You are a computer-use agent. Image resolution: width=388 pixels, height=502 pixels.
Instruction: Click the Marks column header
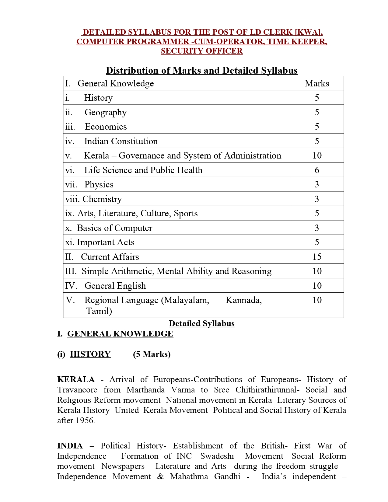(x=317, y=83)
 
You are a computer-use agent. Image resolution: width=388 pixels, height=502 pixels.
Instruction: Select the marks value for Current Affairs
(x=317, y=257)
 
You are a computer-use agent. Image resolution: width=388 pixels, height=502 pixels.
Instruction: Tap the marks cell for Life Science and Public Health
(x=317, y=170)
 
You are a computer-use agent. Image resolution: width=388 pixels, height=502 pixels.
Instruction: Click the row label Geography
(x=105, y=112)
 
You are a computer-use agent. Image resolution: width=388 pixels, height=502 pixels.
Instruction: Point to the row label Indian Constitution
(x=121, y=141)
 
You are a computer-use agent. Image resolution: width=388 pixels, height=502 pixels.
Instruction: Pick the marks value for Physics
(x=317, y=184)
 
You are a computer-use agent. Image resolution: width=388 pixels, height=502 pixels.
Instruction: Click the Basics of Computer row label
(x=114, y=228)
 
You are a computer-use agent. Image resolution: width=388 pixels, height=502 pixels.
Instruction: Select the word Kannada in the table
(x=243, y=300)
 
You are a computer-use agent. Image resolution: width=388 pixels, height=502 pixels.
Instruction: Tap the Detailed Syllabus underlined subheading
(x=201, y=323)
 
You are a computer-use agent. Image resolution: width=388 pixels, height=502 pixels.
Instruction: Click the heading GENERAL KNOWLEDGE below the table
(x=120, y=334)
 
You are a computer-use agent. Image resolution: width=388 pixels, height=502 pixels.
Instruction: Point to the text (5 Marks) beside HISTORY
(x=152, y=354)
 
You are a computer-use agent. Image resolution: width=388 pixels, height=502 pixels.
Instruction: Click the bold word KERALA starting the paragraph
(x=76, y=379)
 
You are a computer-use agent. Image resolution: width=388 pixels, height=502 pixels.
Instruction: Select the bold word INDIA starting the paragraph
(x=70, y=446)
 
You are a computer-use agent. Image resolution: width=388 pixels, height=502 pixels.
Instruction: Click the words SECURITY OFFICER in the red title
(x=201, y=51)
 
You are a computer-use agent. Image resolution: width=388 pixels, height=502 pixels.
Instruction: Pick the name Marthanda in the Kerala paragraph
(x=146, y=390)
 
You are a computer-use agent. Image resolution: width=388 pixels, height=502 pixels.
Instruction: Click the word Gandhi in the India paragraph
(x=227, y=476)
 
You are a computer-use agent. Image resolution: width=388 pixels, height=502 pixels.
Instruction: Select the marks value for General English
(x=317, y=286)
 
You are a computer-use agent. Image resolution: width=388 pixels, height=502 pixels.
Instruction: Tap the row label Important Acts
(x=105, y=242)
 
